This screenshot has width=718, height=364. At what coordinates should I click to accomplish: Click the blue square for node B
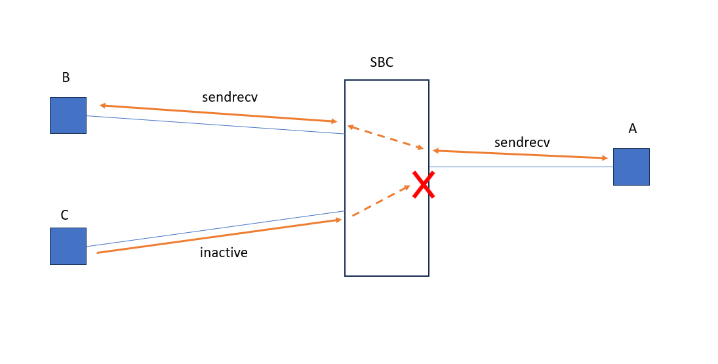click(x=68, y=115)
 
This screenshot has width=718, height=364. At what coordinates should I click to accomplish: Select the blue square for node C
click(x=68, y=246)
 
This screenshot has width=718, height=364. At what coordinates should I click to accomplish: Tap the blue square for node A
click(x=631, y=167)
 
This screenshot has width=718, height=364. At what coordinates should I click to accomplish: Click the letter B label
click(x=66, y=77)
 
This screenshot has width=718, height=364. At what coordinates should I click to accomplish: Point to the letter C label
click(x=64, y=215)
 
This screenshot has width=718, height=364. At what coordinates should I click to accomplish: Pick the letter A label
click(x=632, y=129)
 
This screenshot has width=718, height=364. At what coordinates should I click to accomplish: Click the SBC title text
click(x=382, y=63)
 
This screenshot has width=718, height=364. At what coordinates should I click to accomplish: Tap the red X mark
click(x=424, y=184)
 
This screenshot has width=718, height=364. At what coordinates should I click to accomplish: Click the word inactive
click(x=224, y=253)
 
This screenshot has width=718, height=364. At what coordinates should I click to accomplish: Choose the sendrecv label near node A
click(x=522, y=142)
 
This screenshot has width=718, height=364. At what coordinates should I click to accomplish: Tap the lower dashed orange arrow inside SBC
click(x=381, y=201)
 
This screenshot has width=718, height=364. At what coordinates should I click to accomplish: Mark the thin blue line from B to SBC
click(x=216, y=125)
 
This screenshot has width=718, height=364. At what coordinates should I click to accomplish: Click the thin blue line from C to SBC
click(x=216, y=229)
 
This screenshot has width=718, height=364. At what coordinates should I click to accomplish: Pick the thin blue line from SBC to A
click(x=521, y=167)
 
